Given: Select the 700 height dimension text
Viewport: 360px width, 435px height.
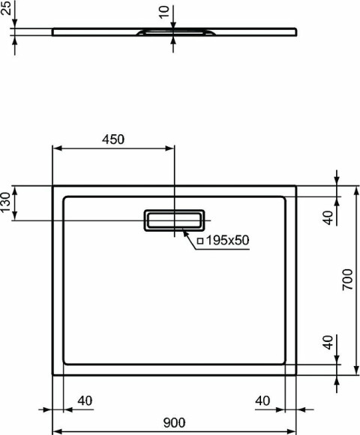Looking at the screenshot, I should (x=346, y=280).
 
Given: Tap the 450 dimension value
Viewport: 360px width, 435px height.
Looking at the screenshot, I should (x=113, y=139).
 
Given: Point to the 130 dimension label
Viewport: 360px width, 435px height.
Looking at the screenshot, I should (x=7, y=203).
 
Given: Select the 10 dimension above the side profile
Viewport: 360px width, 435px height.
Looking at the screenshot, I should (x=164, y=13).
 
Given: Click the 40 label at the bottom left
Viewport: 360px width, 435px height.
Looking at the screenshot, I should (x=85, y=400).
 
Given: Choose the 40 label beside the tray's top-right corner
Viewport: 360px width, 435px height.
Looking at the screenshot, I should (x=327, y=217).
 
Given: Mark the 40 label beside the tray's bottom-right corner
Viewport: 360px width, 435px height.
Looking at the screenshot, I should (x=327, y=343).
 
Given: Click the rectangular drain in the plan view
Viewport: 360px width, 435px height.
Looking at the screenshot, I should (x=174, y=220).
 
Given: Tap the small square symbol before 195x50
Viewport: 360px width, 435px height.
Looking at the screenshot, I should (x=199, y=241).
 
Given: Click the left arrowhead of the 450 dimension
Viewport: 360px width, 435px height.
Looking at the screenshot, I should (x=56, y=148).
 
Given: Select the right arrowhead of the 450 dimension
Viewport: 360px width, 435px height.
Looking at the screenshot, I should (x=170, y=148).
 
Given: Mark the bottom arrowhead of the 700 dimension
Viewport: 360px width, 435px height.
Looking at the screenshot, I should (x=355, y=370).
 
